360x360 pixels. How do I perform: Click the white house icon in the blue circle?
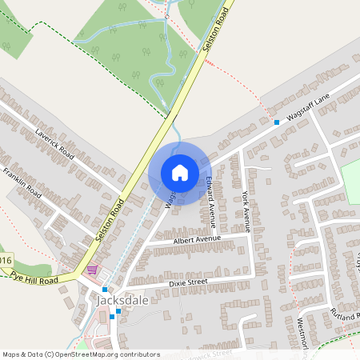click(x=180, y=173)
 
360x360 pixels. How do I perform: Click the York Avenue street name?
click(x=246, y=210)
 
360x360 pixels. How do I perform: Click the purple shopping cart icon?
click(x=93, y=271)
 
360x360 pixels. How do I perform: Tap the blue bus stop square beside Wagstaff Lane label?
click(x=277, y=122)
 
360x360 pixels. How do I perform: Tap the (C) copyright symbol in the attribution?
click(x=50, y=354)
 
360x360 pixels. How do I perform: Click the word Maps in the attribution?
click(x=11, y=354)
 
